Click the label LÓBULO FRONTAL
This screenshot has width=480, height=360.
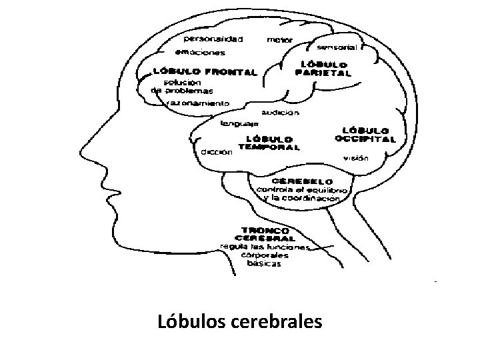point(205,71)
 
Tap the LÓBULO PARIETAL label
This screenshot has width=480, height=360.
point(323,69)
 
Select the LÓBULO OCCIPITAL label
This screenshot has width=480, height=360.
point(365,135)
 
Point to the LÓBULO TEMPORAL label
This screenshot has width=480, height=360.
point(269,143)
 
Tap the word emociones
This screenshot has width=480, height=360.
point(200,52)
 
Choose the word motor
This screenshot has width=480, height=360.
point(279,40)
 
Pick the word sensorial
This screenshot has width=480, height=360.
point(337,47)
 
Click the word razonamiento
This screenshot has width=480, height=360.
point(199,104)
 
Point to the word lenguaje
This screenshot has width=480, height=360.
point(239,123)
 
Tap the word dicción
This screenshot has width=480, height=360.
point(217,151)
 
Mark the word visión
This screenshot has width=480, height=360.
point(355,159)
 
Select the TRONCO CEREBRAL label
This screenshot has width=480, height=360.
point(265,233)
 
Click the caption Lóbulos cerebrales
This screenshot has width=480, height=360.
point(240,323)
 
